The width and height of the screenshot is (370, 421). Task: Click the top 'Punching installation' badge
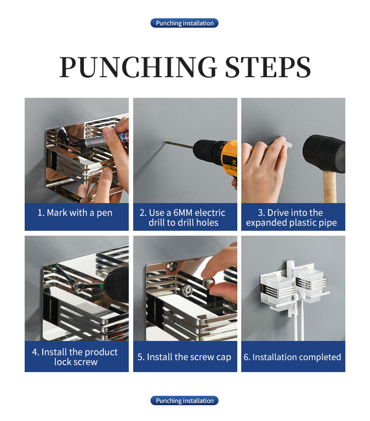[x=185, y=23]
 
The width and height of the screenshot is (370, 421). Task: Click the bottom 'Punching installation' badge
[x=185, y=401]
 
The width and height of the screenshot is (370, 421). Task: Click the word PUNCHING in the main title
[x=138, y=67]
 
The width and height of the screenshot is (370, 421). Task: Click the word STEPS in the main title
[x=268, y=67]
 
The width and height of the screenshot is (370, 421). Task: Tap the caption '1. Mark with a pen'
[x=75, y=213]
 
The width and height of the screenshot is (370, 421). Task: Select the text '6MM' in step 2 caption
[x=183, y=212]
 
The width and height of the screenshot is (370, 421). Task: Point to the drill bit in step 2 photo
[x=179, y=145]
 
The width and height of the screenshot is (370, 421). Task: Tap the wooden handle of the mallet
[x=330, y=187]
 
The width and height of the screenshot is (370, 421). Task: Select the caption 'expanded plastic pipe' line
[x=292, y=223]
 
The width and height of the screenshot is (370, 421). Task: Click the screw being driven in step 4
[x=79, y=286]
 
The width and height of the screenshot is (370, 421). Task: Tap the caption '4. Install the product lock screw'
[x=75, y=357]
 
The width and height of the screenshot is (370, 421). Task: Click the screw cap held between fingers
[x=208, y=283]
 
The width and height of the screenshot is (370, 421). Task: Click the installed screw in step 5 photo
[x=185, y=290]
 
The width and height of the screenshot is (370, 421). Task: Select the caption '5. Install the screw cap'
[x=184, y=357]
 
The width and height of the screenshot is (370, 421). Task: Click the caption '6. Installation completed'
[x=292, y=357]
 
